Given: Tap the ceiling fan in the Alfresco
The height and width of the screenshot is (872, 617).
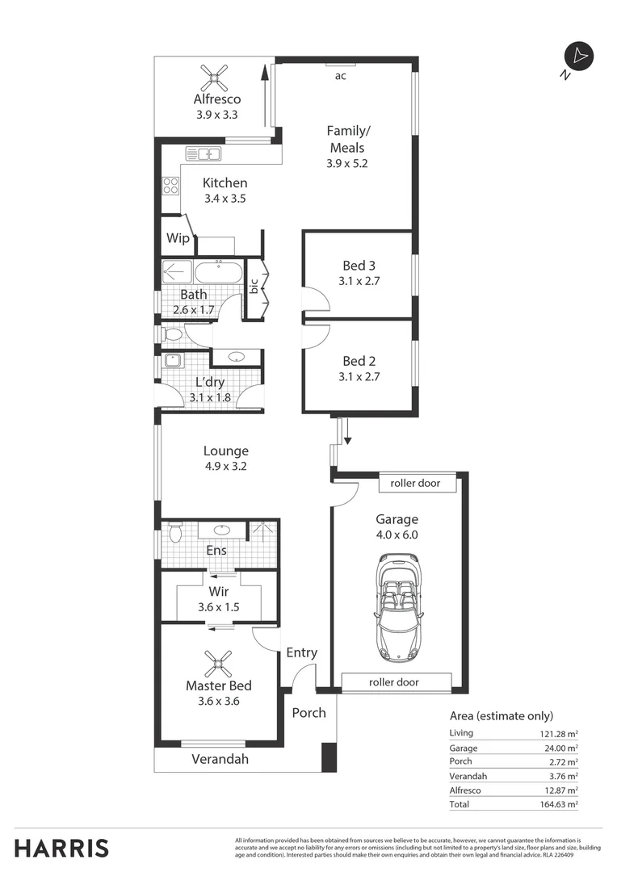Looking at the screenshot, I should pyautogui.click(x=216, y=79).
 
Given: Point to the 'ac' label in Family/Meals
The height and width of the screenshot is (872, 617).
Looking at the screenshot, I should pyautogui.click(x=341, y=76).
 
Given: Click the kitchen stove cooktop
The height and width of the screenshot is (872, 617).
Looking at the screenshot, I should pyautogui.click(x=170, y=187).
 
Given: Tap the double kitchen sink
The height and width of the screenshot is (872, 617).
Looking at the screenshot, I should pyautogui.click(x=204, y=154).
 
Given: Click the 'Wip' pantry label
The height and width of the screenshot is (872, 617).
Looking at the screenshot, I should pyautogui.click(x=178, y=238).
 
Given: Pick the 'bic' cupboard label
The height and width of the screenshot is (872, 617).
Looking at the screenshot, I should pyautogui.click(x=254, y=286).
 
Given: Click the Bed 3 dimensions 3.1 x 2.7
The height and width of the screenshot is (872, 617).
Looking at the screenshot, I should pyautogui.click(x=360, y=282).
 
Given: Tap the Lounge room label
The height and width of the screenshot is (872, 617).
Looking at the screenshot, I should pyautogui.click(x=225, y=451).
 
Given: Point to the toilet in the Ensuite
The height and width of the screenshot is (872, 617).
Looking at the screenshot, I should pyautogui.click(x=174, y=533).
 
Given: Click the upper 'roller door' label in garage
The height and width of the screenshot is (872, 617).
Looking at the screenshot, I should pyautogui.click(x=415, y=483).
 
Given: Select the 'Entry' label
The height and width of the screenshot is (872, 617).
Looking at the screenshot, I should pyautogui.click(x=301, y=652).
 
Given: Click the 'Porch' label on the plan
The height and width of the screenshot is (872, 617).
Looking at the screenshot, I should pyautogui.click(x=308, y=712).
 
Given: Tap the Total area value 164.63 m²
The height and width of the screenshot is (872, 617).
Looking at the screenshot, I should pyautogui.click(x=560, y=804).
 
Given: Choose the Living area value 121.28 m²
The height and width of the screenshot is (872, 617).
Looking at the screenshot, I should pyautogui.click(x=559, y=733).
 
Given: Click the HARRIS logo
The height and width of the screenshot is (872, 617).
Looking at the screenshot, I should pyautogui.click(x=62, y=849).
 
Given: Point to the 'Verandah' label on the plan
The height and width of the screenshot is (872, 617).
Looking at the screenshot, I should pyautogui.click(x=220, y=759).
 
